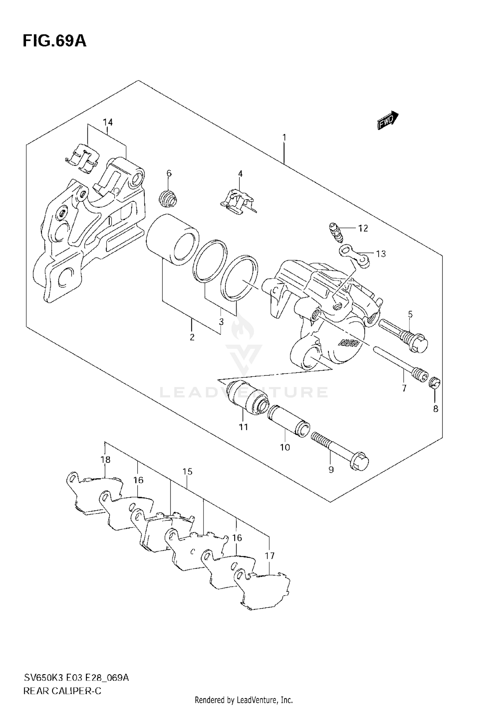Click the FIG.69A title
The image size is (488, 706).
click(55, 41)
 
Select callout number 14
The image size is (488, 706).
click(108, 123)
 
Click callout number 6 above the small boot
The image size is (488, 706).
click(169, 173)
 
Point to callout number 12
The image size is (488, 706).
click(363, 229)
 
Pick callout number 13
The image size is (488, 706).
click(381, 254)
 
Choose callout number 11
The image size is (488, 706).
click(243, 427)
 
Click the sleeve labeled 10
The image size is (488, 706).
click(289, 421)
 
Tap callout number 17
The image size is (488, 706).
click(270, 556)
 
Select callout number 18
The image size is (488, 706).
click(105, 460)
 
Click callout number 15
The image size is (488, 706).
click(187, 471)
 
